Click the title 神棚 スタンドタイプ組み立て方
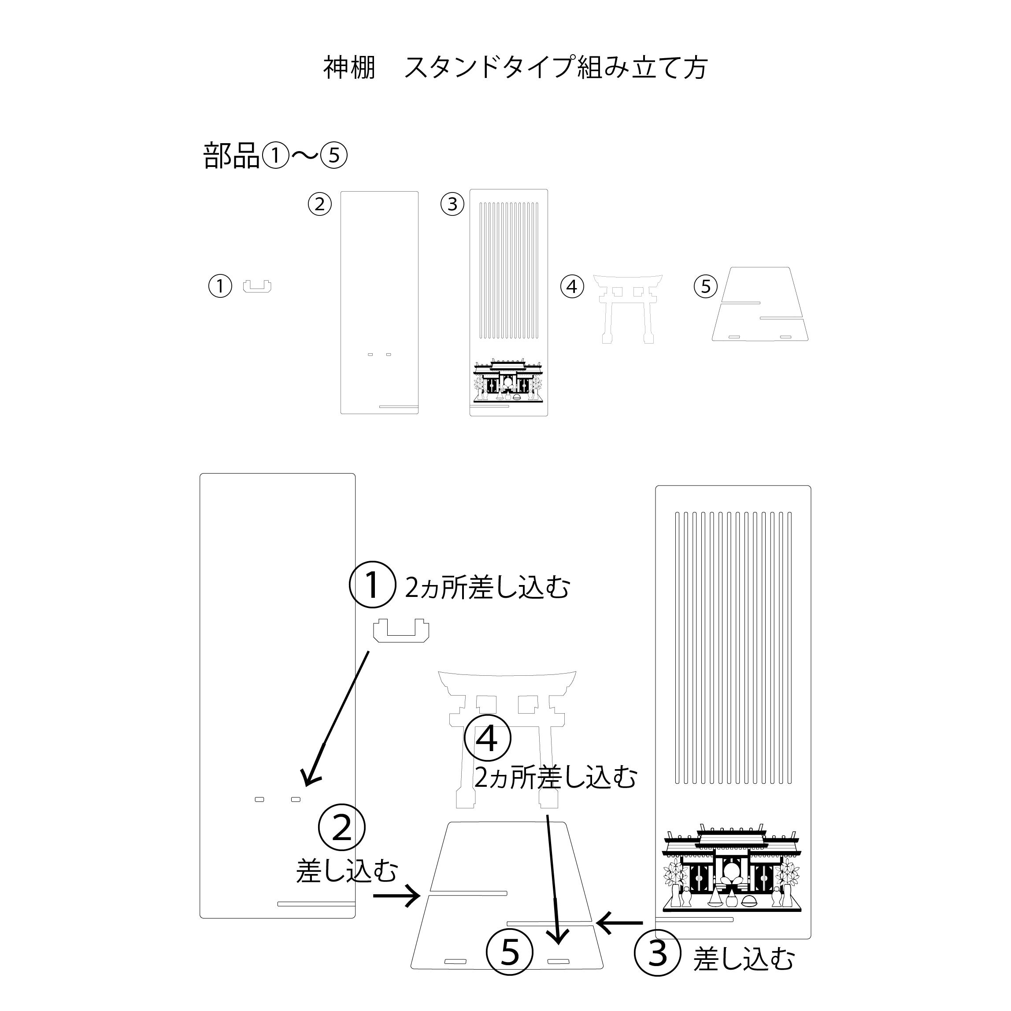[515, 68]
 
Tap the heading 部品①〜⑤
[275, 156]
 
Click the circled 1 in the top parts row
[220, 286]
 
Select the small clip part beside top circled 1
[257, 286]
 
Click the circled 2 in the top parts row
[319, 204]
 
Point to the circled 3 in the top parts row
[453, 204]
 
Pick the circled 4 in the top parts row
[572, 286]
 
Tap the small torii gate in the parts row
[628, 306]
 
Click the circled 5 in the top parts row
[705, 286]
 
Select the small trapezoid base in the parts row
[760, 304]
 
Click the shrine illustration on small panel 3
[508, 381]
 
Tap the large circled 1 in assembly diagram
[372, 585]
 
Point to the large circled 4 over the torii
[488, 738]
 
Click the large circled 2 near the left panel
[342, 827]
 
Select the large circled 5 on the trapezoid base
[509, 967]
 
